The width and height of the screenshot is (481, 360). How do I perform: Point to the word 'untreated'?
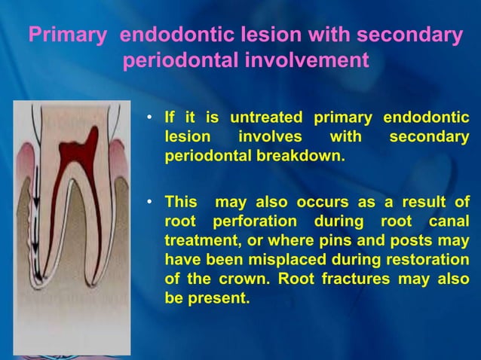coord(266,118)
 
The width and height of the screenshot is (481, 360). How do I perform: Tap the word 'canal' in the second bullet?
coord(449,223)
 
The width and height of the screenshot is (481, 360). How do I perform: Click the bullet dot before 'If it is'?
coord(152,119)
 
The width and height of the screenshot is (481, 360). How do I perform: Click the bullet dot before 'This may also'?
coord(152,204)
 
